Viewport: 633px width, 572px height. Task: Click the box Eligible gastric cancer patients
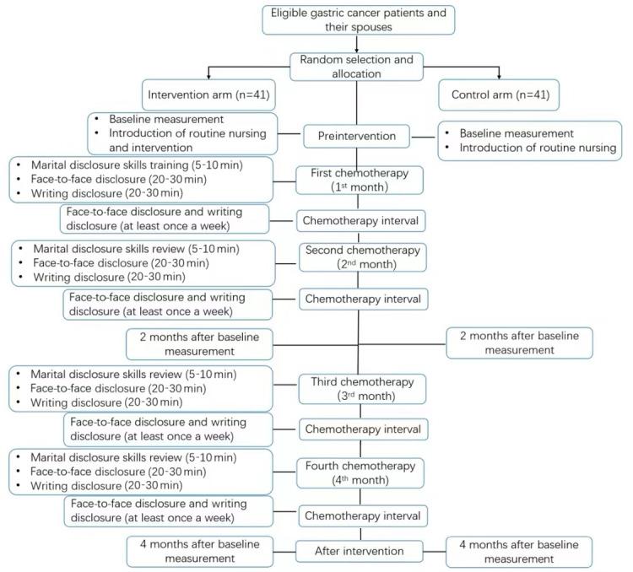click(x=359, y=20)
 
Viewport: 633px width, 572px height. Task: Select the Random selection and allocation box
click(x=359, y=66)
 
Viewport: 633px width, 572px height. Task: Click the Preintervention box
click(x=358, y=134)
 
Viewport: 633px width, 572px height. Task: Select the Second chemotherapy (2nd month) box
click(x=360, y=256)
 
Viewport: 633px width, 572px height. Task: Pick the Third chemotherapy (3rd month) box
click(x=360, y=388)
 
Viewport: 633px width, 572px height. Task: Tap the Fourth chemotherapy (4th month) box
click(x=360, y=472)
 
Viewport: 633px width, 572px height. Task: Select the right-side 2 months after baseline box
click(x=519, y=343)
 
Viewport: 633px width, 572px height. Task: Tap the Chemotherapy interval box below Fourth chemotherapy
click(x=360, y=515)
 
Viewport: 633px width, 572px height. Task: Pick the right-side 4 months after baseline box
click(x=519, y=551)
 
